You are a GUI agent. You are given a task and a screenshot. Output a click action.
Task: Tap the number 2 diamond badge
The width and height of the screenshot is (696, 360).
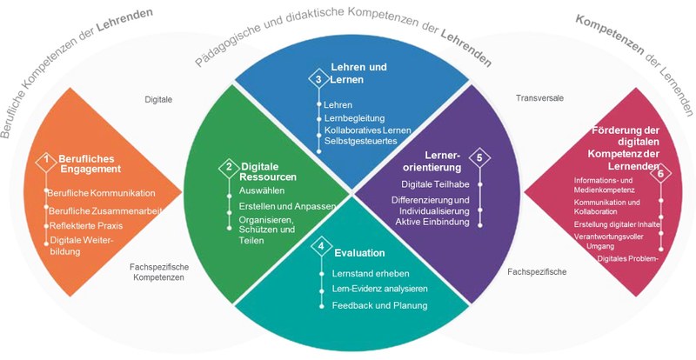229,166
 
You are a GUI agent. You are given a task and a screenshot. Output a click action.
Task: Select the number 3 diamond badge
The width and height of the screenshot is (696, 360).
318,79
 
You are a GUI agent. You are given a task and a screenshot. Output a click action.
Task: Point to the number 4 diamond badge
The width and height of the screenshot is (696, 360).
322,247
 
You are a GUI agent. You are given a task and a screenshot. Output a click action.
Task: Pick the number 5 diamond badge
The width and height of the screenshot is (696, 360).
478,158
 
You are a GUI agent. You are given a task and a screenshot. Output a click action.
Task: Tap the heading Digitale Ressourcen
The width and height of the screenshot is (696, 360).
269,171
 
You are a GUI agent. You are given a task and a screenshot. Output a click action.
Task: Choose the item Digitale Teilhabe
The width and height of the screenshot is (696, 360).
436,184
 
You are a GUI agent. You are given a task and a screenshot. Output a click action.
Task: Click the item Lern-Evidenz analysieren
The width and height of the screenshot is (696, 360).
380,289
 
